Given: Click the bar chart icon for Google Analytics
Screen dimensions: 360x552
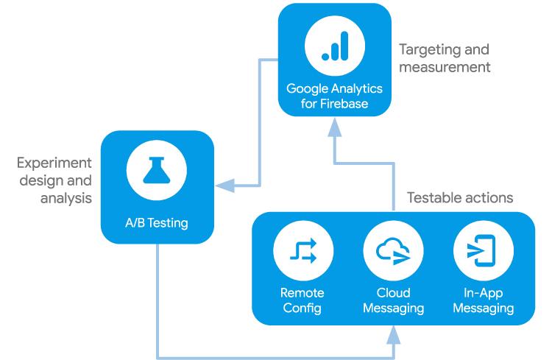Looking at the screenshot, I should [x=335, y=46].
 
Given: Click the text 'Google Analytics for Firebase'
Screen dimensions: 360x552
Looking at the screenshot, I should [x=335, y=96].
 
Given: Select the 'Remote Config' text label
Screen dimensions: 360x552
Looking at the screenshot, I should [x=302, y=300].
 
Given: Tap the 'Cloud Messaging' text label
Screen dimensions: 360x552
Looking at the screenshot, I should [x=392, y=300].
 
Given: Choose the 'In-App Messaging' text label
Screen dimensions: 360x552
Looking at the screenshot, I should [x=483, y=300].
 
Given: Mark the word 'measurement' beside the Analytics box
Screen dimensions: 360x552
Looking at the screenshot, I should [x=444, y=67].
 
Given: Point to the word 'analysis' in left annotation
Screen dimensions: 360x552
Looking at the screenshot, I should [x=66, y=199].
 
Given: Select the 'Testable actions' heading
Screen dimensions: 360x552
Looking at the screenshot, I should [x=460, y=198].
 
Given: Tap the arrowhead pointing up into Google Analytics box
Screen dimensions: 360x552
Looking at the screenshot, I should [x=335, y=131].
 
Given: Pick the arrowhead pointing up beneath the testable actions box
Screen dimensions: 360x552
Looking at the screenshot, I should [x=392, y=335].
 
